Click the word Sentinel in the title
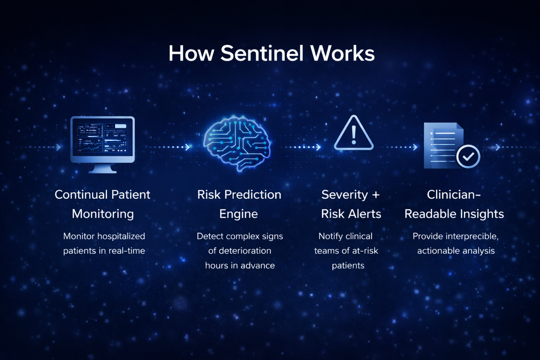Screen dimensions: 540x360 (x=262, y=53)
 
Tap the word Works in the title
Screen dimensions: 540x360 (x=343, y=53)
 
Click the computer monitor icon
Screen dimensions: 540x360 (x=103, y=144)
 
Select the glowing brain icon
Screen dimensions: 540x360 (x=237, y=143)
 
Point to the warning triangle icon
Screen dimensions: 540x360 (x=354, y=133)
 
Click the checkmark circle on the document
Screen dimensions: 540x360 (x=468, y=157)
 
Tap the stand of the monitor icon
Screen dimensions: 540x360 (x=103, y=168)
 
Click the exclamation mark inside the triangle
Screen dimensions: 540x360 (x=354, y=135)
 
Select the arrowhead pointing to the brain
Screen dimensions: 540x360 (x=187, y=147)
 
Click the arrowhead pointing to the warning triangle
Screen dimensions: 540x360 (x=319, y=147)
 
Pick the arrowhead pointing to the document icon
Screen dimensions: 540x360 (x=415, y=147)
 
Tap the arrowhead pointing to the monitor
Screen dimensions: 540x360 (x=58, y=147)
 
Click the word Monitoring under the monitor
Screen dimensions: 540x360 (x=103, y=214)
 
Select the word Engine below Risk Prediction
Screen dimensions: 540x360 (x=238, y=214)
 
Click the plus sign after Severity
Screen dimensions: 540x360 (x=375, y=195)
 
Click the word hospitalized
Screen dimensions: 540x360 (x=121, y=236)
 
